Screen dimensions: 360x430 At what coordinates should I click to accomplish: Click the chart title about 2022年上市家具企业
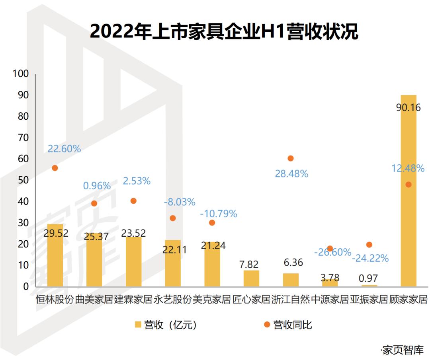[224, 31]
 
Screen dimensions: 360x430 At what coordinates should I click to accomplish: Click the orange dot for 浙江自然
[291, 158]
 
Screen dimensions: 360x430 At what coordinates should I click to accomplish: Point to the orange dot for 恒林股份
[55, 168]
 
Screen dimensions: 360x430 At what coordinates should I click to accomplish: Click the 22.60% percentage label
[64, 149]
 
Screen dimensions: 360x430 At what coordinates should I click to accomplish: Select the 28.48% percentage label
[291, 174]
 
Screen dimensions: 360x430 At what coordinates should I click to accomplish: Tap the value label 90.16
[408, 108]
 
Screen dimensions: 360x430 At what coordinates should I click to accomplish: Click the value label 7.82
[251, 264]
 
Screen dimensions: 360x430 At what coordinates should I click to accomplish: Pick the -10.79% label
[219, 214]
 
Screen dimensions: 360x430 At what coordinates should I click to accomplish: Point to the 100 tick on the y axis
[21, 74]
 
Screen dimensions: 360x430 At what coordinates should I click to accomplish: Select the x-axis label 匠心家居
[251, 299]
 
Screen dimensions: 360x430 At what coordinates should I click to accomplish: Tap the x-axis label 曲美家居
[94, 299]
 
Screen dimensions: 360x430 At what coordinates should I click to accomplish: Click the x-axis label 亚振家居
[369, 299]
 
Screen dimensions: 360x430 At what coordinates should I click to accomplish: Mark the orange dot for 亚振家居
[369, 245]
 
